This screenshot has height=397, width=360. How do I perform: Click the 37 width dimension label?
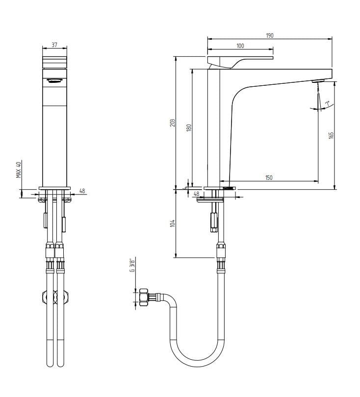click(54, 45)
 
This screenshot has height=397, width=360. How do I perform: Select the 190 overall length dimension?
click(269, 35)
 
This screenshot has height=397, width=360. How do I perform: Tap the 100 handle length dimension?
click(240, 46)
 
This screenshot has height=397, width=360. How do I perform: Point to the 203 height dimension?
click(172, 123)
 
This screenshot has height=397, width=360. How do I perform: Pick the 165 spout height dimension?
click(331, 135)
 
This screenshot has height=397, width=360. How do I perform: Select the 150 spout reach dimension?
click(269, 177)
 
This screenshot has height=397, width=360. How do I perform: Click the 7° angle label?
click(327, 104)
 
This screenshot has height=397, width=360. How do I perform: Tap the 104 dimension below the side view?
click(172, 223)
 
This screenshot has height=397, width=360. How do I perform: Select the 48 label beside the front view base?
click(82, 191)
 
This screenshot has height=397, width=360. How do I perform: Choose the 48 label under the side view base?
click(197, 194)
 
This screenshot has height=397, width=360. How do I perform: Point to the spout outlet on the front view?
click(54, 80)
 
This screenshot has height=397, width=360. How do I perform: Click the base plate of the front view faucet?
click(54, 188)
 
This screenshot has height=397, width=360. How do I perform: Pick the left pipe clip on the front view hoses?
click(48, 297)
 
